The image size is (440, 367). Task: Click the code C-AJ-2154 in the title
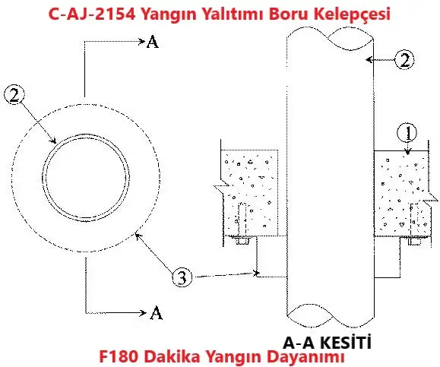click(x=92, y=14)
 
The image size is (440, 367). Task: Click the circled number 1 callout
click(x=407, y=133)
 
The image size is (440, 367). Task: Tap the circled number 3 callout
click(x=182, y=277)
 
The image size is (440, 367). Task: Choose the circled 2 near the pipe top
click(x=404, y=60)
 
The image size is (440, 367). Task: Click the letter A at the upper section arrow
click(x=153, y=42)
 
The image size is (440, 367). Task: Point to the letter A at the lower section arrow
click(x=156, y=313)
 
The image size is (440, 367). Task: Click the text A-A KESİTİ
click(x=327, y=342)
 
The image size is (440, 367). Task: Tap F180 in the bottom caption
click(x=119, y=356)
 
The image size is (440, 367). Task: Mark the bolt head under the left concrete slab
click(x=242, y=240)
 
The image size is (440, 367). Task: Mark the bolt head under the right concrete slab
click(x=415, y=242)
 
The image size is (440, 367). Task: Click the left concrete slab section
click(x=250, y=193)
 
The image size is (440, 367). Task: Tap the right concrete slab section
click(x=401, y=193)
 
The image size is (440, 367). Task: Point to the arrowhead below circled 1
click(x=408, y=152)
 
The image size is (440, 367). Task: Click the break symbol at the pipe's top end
click(x=330, y=39)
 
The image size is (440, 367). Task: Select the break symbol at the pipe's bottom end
click(x=330, y=315)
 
